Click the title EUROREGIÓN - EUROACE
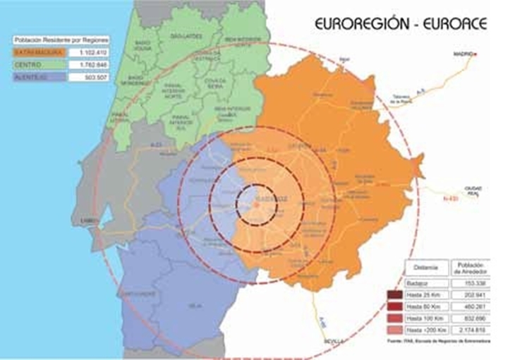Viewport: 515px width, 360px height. pyautogui.click(x=401, y=23)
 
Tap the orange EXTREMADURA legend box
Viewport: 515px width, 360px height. pyautogui.click(x=39, y=52)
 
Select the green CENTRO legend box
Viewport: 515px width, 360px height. pyautogui.click(x=39, y=64)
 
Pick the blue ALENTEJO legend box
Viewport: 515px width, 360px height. pyautogui.click(x=39, y=77)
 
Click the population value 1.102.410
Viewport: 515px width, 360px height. pyautogui.click(x=89, y=52)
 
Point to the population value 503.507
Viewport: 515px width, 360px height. pyautogui.click(x=89, y=77)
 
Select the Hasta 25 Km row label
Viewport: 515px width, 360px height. pyautogui.click(x=428, y=294)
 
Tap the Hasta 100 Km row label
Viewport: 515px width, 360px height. pyautogui.click(x=428, y=318)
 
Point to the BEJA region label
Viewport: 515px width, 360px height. pyautogui.click(x=190, y=306)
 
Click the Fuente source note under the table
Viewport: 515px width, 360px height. pyautogui.click(x=438, y=342)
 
